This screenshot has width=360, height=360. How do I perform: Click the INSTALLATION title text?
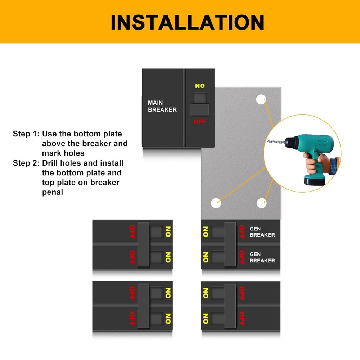[187, 22]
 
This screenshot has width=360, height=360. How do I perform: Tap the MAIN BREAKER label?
[162, 106]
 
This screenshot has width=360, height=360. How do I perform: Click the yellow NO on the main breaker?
[200, 86]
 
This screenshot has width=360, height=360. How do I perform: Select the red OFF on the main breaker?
[200, 122]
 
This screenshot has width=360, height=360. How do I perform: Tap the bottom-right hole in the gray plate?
[262, 203]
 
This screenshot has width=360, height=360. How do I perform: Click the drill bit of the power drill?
[276, 143]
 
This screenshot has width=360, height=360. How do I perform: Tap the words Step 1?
[26, 134]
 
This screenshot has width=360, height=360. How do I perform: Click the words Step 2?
[26, 163]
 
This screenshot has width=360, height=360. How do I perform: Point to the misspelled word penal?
[53, 192]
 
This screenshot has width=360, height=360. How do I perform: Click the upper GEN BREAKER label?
[262, 231]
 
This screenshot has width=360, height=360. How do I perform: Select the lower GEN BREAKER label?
[262, 257]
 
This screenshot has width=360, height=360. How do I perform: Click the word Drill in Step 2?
[51, 163]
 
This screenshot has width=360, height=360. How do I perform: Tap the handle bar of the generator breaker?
[230, 244]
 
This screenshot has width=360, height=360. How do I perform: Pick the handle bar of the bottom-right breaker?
[230, 306]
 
